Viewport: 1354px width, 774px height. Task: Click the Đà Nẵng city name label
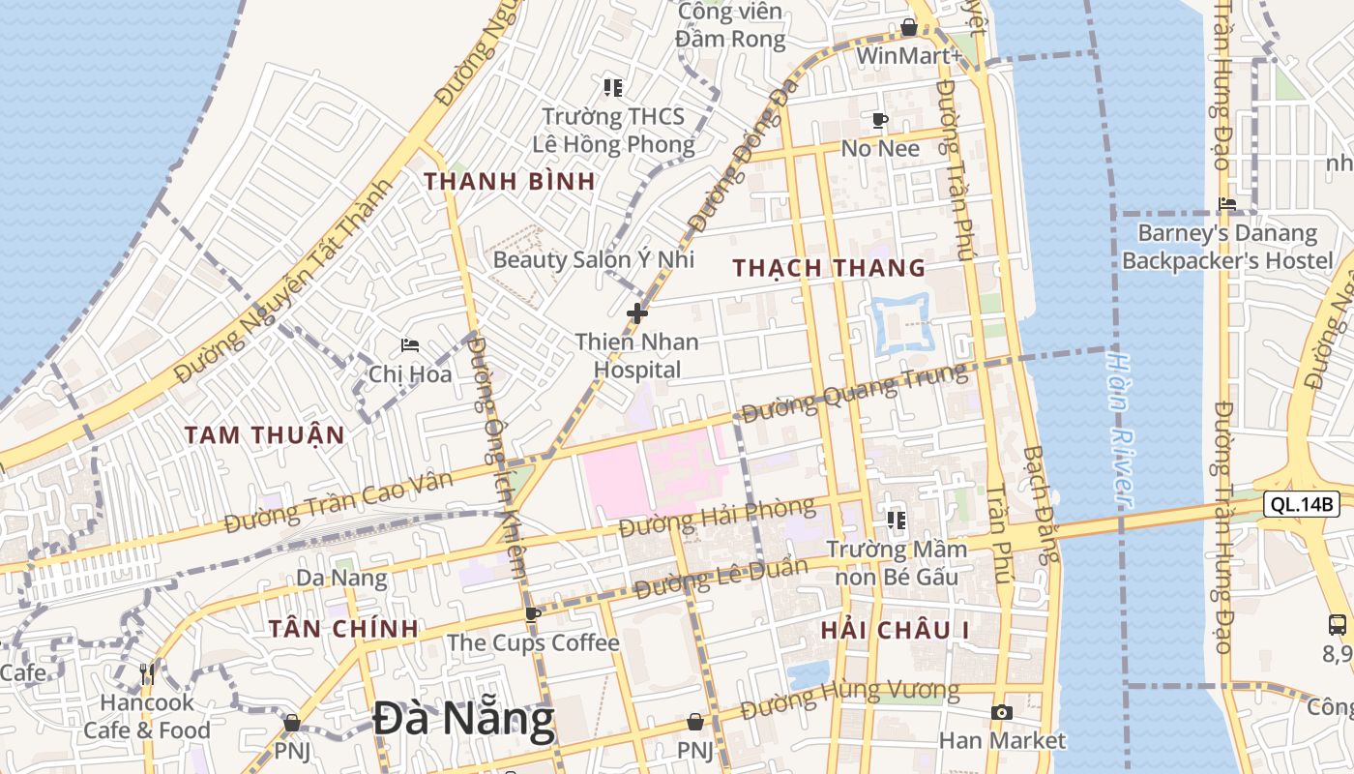[464, 719]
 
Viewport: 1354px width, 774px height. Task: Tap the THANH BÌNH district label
[509, 181]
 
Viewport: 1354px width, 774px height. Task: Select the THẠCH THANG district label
[829, 268]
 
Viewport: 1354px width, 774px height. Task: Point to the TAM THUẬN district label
[265, 435]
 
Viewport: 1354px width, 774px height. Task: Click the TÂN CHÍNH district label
[343, 629]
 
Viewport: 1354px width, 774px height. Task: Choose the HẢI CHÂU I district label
[895, 631]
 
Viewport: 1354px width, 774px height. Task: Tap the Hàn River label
[1120, 429]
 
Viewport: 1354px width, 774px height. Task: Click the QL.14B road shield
[1301, 504]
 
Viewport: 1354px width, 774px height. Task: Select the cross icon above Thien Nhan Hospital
[637, 313]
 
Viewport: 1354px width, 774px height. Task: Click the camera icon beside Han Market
[1002, 713]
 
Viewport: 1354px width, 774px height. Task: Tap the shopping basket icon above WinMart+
[909, 27]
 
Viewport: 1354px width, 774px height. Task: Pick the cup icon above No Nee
[879, 120]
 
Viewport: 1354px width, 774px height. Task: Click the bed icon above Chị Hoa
[410, 345]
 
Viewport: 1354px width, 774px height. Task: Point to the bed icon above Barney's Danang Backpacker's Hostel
[1227, 204]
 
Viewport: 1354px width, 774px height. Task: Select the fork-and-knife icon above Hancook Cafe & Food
[147, 673]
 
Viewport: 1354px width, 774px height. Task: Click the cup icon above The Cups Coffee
[532, 613]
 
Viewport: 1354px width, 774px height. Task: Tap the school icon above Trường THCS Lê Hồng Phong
[612, 88]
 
